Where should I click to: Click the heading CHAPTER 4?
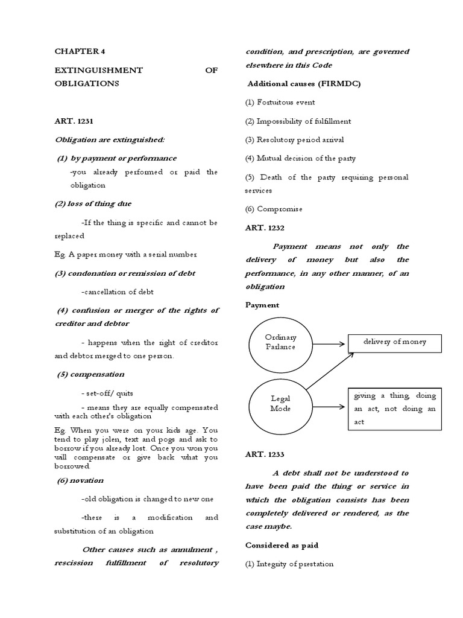(x=75, y=52)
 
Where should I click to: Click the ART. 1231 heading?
(x=72, y=121)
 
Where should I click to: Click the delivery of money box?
(x=395, y=342)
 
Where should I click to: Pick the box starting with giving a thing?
(x=395, y=409)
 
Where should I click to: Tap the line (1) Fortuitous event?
(x=280, y=103)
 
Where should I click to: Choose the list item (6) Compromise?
(x=274, y=209)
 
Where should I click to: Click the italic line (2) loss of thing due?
(x=93, y=203)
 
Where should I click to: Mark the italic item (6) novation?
(x=81, y=480)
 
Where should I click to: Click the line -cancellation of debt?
(x=117, y=291)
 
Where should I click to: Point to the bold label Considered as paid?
(x=282, y=545)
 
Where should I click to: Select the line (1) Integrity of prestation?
(x=289, y=564)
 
